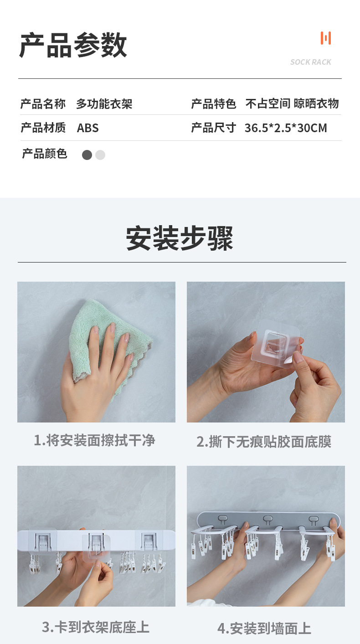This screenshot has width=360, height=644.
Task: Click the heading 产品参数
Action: [73, 45]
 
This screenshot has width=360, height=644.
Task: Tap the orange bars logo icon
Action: [325, 38]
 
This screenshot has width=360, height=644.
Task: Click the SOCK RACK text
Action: [311, 62]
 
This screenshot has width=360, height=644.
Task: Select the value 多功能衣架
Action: [104, 104]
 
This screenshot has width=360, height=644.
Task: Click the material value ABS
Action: [87, 128]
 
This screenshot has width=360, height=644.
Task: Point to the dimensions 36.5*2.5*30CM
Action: [286, 128]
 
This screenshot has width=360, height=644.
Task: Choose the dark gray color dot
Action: [87, 155]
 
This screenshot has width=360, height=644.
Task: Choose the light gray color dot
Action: [100, 155]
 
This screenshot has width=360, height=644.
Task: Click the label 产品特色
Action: [213, 104]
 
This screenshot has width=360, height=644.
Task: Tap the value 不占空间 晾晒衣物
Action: [292, 104]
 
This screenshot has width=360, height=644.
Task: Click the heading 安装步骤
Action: [180, 238]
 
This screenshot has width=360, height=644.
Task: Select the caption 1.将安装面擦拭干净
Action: [94, 440]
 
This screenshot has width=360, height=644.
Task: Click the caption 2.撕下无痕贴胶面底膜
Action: [264, 442]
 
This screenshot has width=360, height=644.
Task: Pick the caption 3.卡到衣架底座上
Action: [96, 627]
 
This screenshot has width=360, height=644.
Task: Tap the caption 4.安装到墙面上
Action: [264, 629]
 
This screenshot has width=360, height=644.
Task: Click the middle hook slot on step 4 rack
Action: [268, 519]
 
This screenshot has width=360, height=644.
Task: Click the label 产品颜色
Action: [44, 154]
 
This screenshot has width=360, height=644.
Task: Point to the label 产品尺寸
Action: [213, 128]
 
